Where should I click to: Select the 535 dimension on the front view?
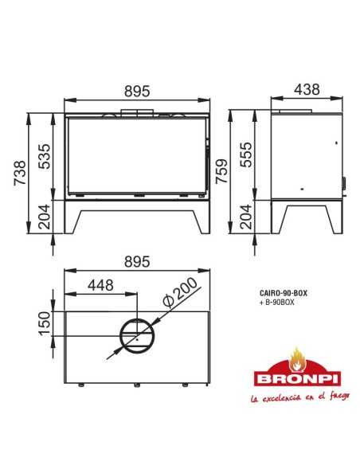tap(46, 157)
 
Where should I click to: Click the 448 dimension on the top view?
tap(101, 284)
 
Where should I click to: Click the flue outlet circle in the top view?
tap(138, 338)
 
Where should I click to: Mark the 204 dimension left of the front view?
tap(46, 215)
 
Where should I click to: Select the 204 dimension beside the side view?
tap(248, 215)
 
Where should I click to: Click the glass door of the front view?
tap(136, 157)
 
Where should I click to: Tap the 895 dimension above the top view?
tap(137, 262)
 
